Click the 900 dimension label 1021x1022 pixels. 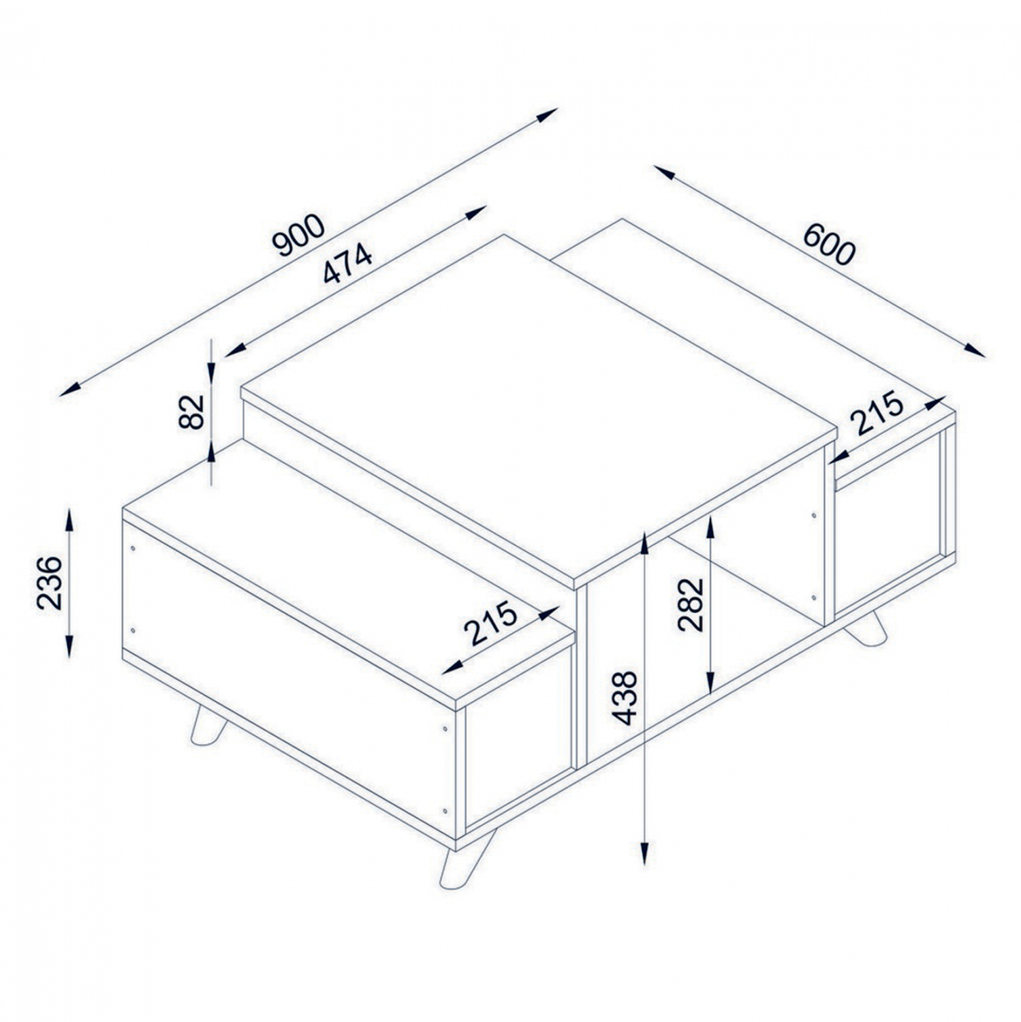(298, 235)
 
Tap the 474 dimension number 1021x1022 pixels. (348, 264)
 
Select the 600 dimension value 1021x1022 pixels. (828, 244)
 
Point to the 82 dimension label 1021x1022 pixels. (192, 412)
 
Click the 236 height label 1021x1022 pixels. (49, 583)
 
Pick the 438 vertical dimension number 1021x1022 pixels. (624, 698)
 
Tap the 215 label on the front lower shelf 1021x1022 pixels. (490, 623)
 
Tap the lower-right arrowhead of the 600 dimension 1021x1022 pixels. (975, 349)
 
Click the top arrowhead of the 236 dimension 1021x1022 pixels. (69, 519)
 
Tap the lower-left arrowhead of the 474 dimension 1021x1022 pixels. (235, 350)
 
